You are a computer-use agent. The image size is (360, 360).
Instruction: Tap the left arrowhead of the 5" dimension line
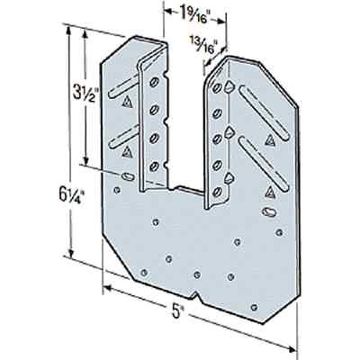coord(107,287)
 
